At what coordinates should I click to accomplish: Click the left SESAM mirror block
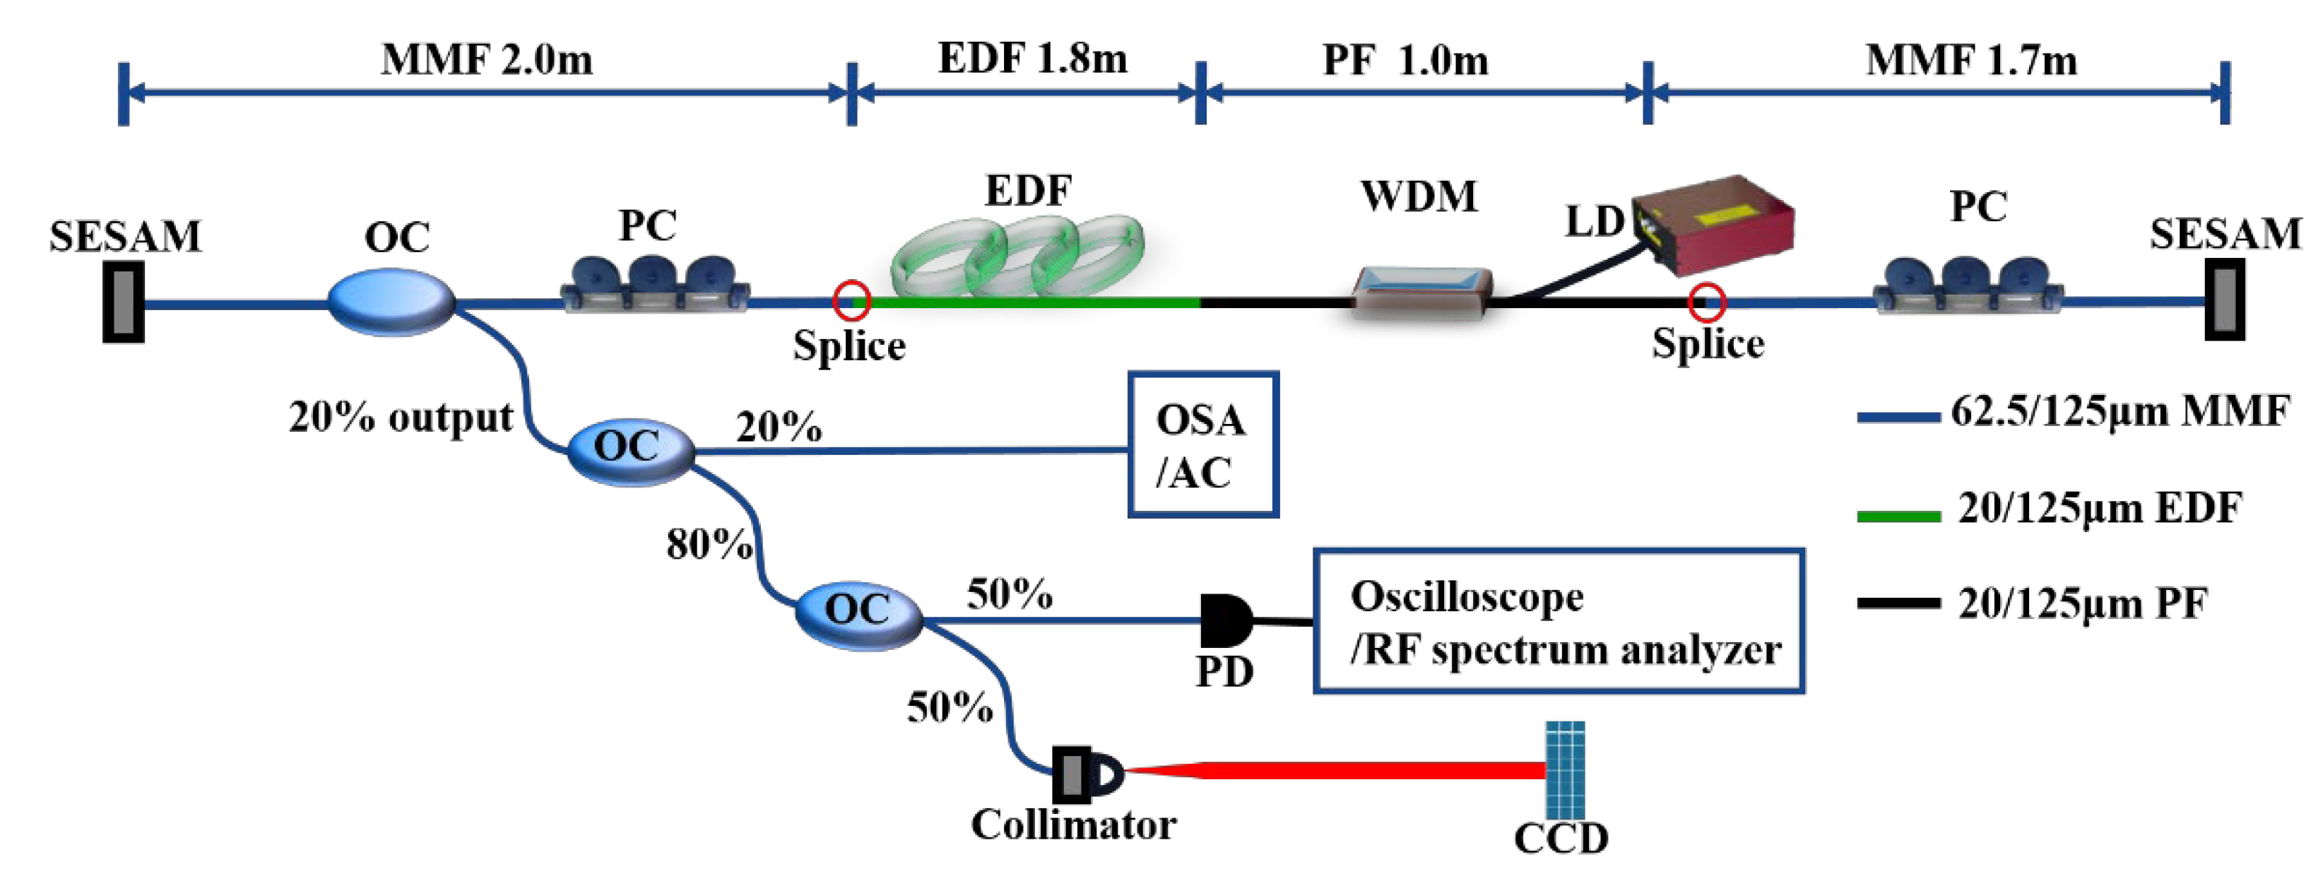124,302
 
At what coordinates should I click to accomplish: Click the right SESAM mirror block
2224,300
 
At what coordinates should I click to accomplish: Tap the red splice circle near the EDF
851,301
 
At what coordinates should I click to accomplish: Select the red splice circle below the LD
1706,303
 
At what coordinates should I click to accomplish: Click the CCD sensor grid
1565,769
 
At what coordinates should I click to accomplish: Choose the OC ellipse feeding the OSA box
629,449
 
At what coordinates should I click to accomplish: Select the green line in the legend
1898,516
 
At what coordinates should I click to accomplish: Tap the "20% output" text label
401,418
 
